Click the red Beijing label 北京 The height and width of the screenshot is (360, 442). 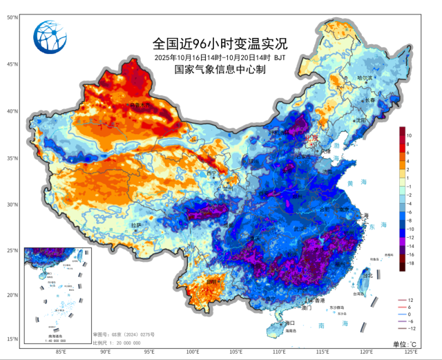[309, 138]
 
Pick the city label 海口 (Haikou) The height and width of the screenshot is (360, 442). [289, 323]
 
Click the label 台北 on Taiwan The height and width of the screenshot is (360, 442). [367, 275]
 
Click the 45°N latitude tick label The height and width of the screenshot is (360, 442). [12, 64]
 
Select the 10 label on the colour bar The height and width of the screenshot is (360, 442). [409, 135]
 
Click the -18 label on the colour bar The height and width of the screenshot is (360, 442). [410, 263]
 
